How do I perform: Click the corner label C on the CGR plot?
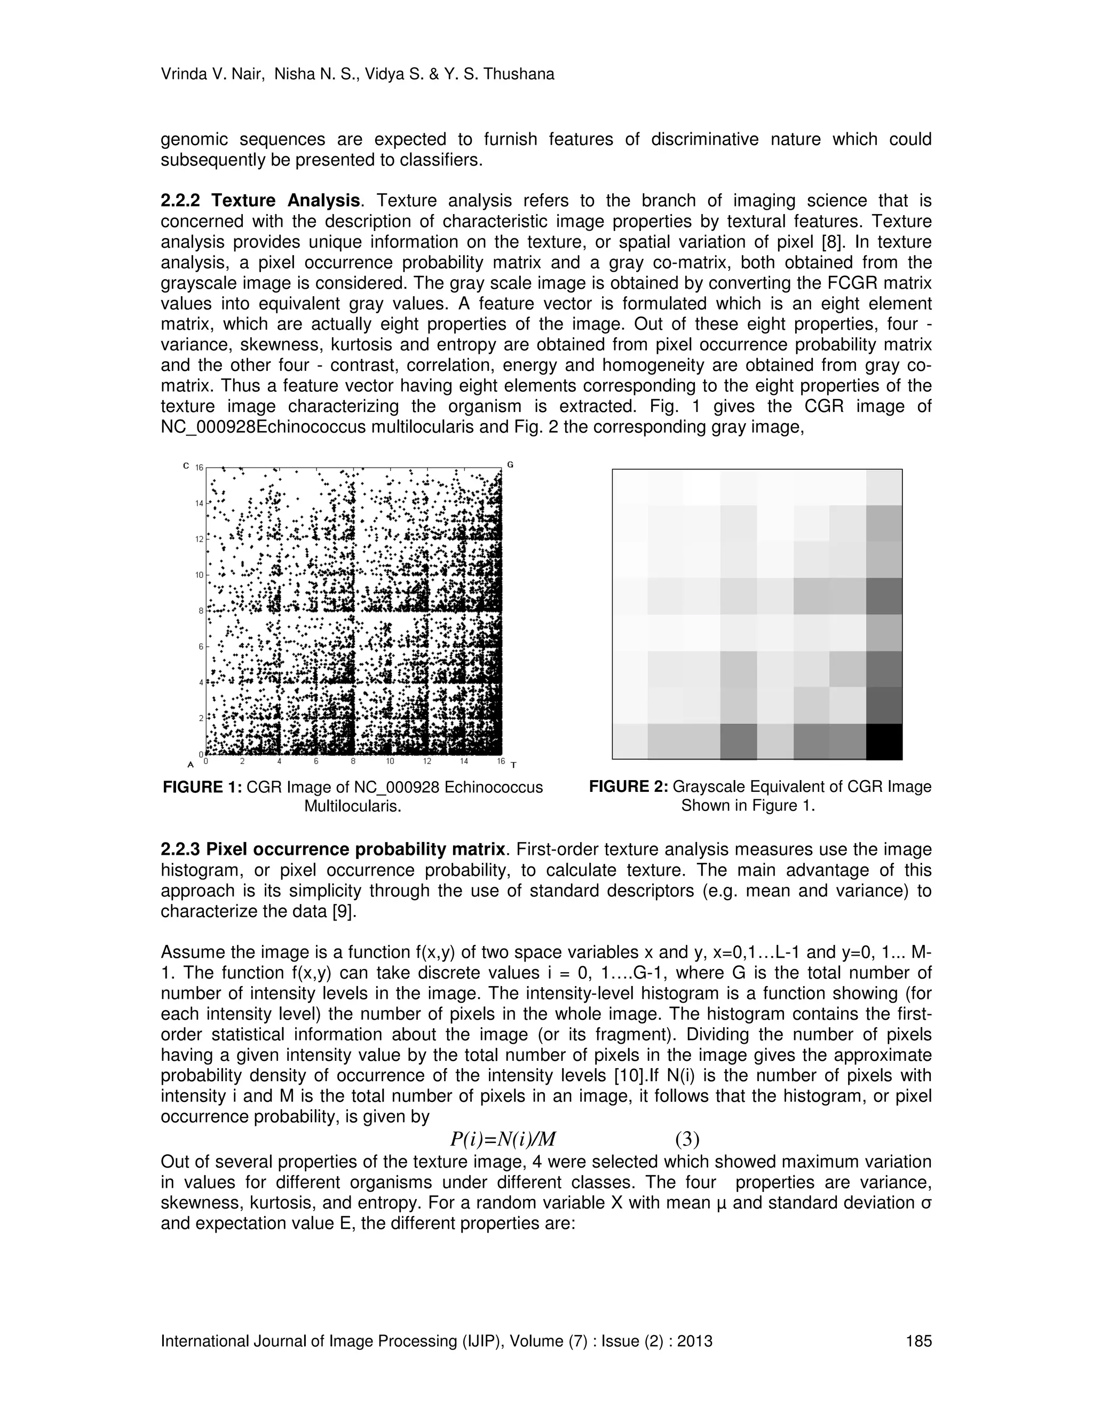(186, 465)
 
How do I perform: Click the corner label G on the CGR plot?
(510, 464)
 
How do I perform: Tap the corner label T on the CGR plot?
(513, 765)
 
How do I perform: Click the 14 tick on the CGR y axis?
(200, 503)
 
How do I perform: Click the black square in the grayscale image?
(884, 741)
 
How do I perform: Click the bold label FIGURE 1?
(202, 787)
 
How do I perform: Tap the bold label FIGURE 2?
(628, 787)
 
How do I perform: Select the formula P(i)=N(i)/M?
(503, 1138)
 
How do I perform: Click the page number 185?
(919, 1341)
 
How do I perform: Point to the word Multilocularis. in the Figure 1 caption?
(353, 807)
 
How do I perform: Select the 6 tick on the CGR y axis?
(201, 647)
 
